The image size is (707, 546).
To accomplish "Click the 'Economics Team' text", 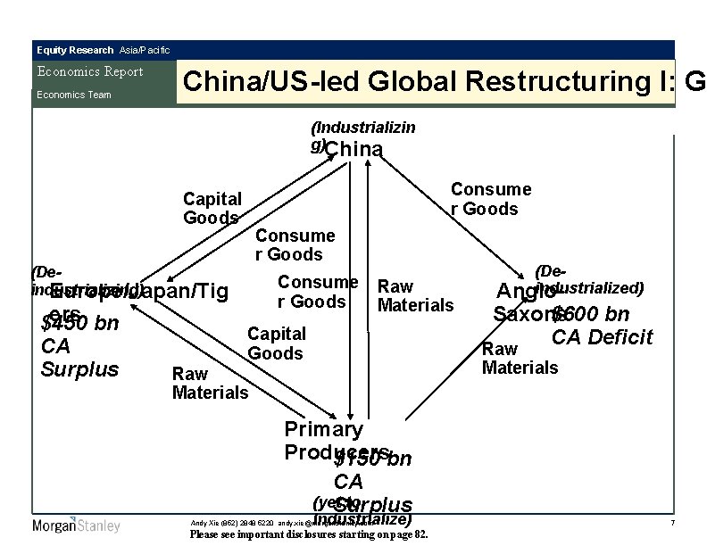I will [73, 95].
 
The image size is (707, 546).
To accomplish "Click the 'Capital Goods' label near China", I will [212, 208].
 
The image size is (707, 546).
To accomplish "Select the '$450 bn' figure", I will [79, 322].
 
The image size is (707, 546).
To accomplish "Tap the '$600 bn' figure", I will [590, 315].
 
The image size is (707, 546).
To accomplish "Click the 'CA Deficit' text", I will [602, 337].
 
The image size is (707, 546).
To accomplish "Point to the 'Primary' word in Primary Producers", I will [323, 429].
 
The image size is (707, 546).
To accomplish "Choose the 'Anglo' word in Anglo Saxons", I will [524, 292].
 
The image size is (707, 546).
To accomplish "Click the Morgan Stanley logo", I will [76, 525].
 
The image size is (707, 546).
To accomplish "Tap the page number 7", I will [670, 520].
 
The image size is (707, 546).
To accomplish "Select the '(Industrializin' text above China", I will [362, 128].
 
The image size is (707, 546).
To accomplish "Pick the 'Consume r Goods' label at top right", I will [490, 199].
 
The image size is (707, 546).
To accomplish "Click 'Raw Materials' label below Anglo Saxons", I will [520, 358].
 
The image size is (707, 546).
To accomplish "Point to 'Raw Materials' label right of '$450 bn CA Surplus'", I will [210, 383].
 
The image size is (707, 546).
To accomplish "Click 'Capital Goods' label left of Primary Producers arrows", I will [276, 343].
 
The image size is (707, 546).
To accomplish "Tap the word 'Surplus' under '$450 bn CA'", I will [79, 368].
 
